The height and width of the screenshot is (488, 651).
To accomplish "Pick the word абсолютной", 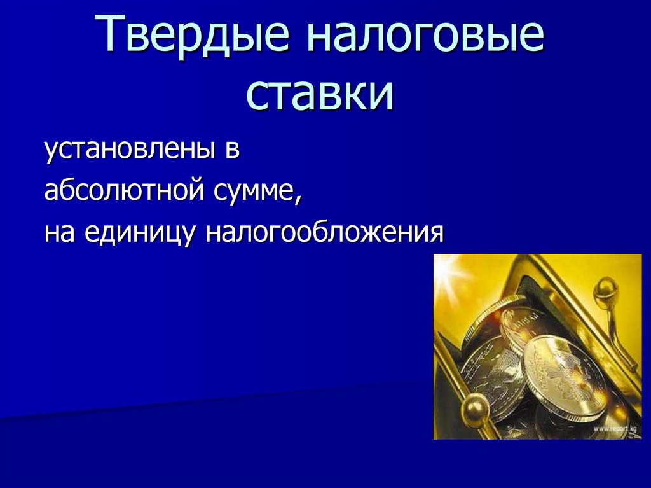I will click(120, 191).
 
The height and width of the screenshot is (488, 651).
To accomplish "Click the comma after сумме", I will click(298, 199).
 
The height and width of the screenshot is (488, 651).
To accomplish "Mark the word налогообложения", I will click(324, 232).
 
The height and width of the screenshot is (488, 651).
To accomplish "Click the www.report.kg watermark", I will click(616, 429).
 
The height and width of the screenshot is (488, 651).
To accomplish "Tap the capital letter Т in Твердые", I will click(109, 39).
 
